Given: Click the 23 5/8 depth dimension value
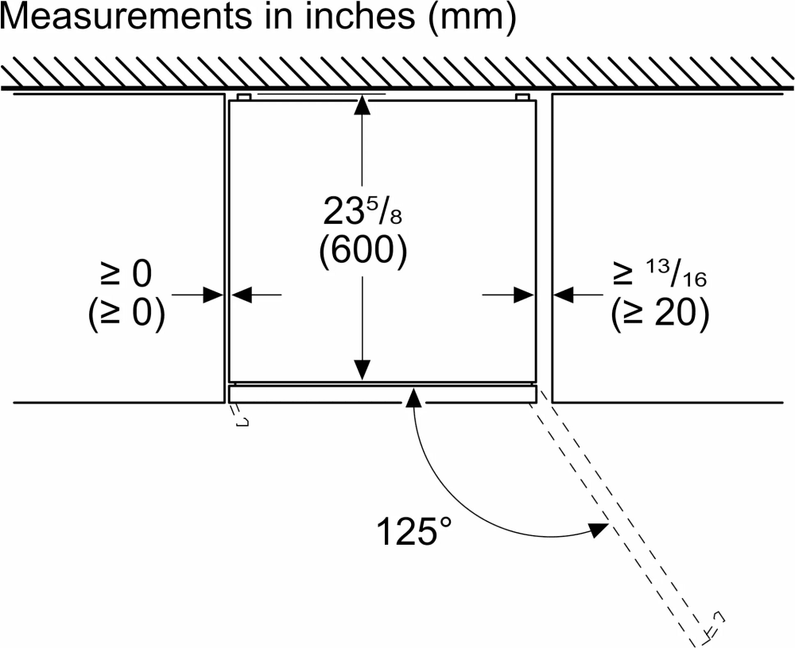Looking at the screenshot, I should pyautogui.click(x=362, y=211).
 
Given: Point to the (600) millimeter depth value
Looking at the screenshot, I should pyautogui.click(x=363, y=253).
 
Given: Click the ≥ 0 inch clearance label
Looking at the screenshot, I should pyautogui.click(x=126, y=275).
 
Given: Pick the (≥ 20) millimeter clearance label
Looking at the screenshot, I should pyautogui.click(x=659, y=315).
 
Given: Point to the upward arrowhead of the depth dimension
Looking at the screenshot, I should pyautogui.click(x=363, y=102).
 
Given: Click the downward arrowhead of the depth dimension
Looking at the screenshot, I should pyautogui.click(x=363, y=371).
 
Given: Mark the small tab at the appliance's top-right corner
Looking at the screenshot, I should pyautogui.click(x=522, y=97).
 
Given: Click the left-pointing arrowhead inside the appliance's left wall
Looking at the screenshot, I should pyautogui.click(x=241, y=295).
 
